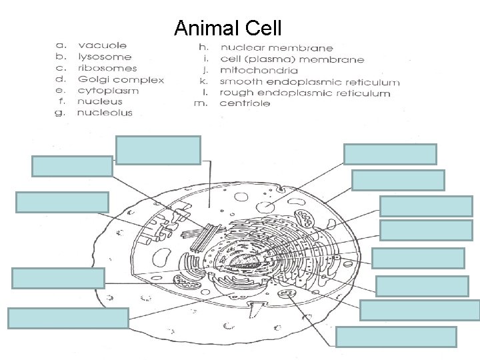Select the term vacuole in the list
coord(102,46)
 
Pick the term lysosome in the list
coord(104,57)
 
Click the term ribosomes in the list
coord(107,68)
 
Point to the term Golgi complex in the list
coord(121,80)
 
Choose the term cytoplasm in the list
coord(107,91)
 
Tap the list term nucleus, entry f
coord(100,102)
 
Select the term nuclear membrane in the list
coord(277,48)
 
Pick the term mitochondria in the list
coord(259,71)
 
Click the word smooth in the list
coord(241,82)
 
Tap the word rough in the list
coord(236,93)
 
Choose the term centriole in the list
coord(245,104)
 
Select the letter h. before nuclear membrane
coord(204,48)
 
